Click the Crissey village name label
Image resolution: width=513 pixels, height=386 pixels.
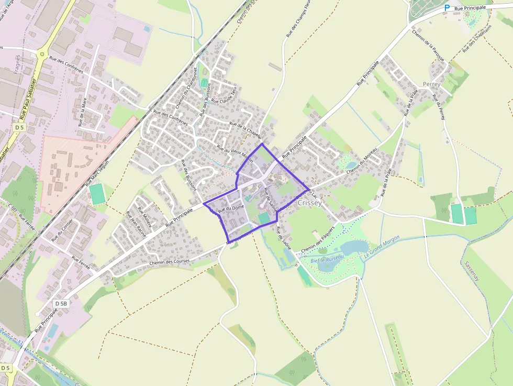309,203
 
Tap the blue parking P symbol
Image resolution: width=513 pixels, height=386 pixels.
447,8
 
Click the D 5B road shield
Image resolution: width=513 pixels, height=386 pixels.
61,303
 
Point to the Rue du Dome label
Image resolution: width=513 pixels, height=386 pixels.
231,208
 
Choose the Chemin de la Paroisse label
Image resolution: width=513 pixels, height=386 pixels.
428,45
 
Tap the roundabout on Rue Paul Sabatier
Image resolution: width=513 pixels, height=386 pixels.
41,53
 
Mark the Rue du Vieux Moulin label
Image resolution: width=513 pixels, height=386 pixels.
235,155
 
